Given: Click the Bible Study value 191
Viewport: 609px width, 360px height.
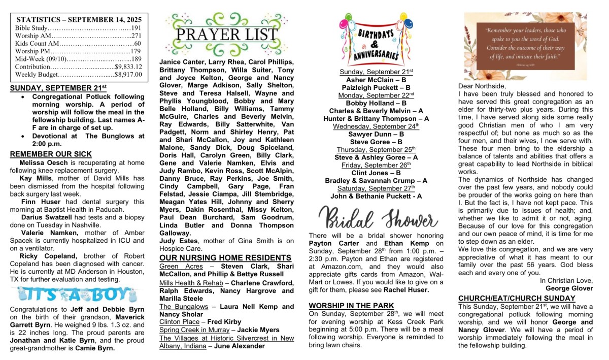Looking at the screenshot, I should coord(136,28).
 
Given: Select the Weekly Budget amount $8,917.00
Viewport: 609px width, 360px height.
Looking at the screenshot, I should coord(128,74).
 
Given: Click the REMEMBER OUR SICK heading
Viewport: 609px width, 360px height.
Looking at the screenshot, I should coord(51,154).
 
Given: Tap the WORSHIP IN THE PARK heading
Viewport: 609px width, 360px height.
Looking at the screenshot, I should coord(351,305).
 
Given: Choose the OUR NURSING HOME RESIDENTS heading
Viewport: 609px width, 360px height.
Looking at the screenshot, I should coord(225,258).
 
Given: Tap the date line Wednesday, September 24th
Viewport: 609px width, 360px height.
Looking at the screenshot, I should coord(376,126).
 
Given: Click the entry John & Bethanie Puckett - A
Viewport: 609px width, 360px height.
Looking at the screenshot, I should coord(376,196).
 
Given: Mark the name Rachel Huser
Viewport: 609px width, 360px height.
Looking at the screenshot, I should coord(406,289).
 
